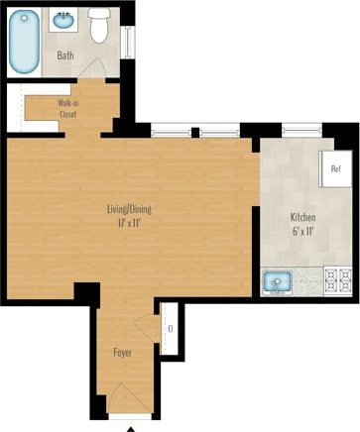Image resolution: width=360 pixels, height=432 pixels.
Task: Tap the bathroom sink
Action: click(65, 20)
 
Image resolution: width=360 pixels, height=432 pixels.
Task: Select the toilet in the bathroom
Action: click(98, 27)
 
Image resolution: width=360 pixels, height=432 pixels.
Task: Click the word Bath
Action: click(65, 55)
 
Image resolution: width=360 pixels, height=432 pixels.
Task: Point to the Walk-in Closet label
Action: click(68, 107)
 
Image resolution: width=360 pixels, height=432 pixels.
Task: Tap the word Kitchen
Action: click(302, 217)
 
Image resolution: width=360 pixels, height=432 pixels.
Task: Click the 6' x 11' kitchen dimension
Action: click(302, 231)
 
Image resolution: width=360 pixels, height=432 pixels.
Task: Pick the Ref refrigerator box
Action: click(335, 167)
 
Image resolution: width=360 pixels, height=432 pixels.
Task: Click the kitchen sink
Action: click(278, 283)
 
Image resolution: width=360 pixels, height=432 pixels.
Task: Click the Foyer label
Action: click(123, 352)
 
